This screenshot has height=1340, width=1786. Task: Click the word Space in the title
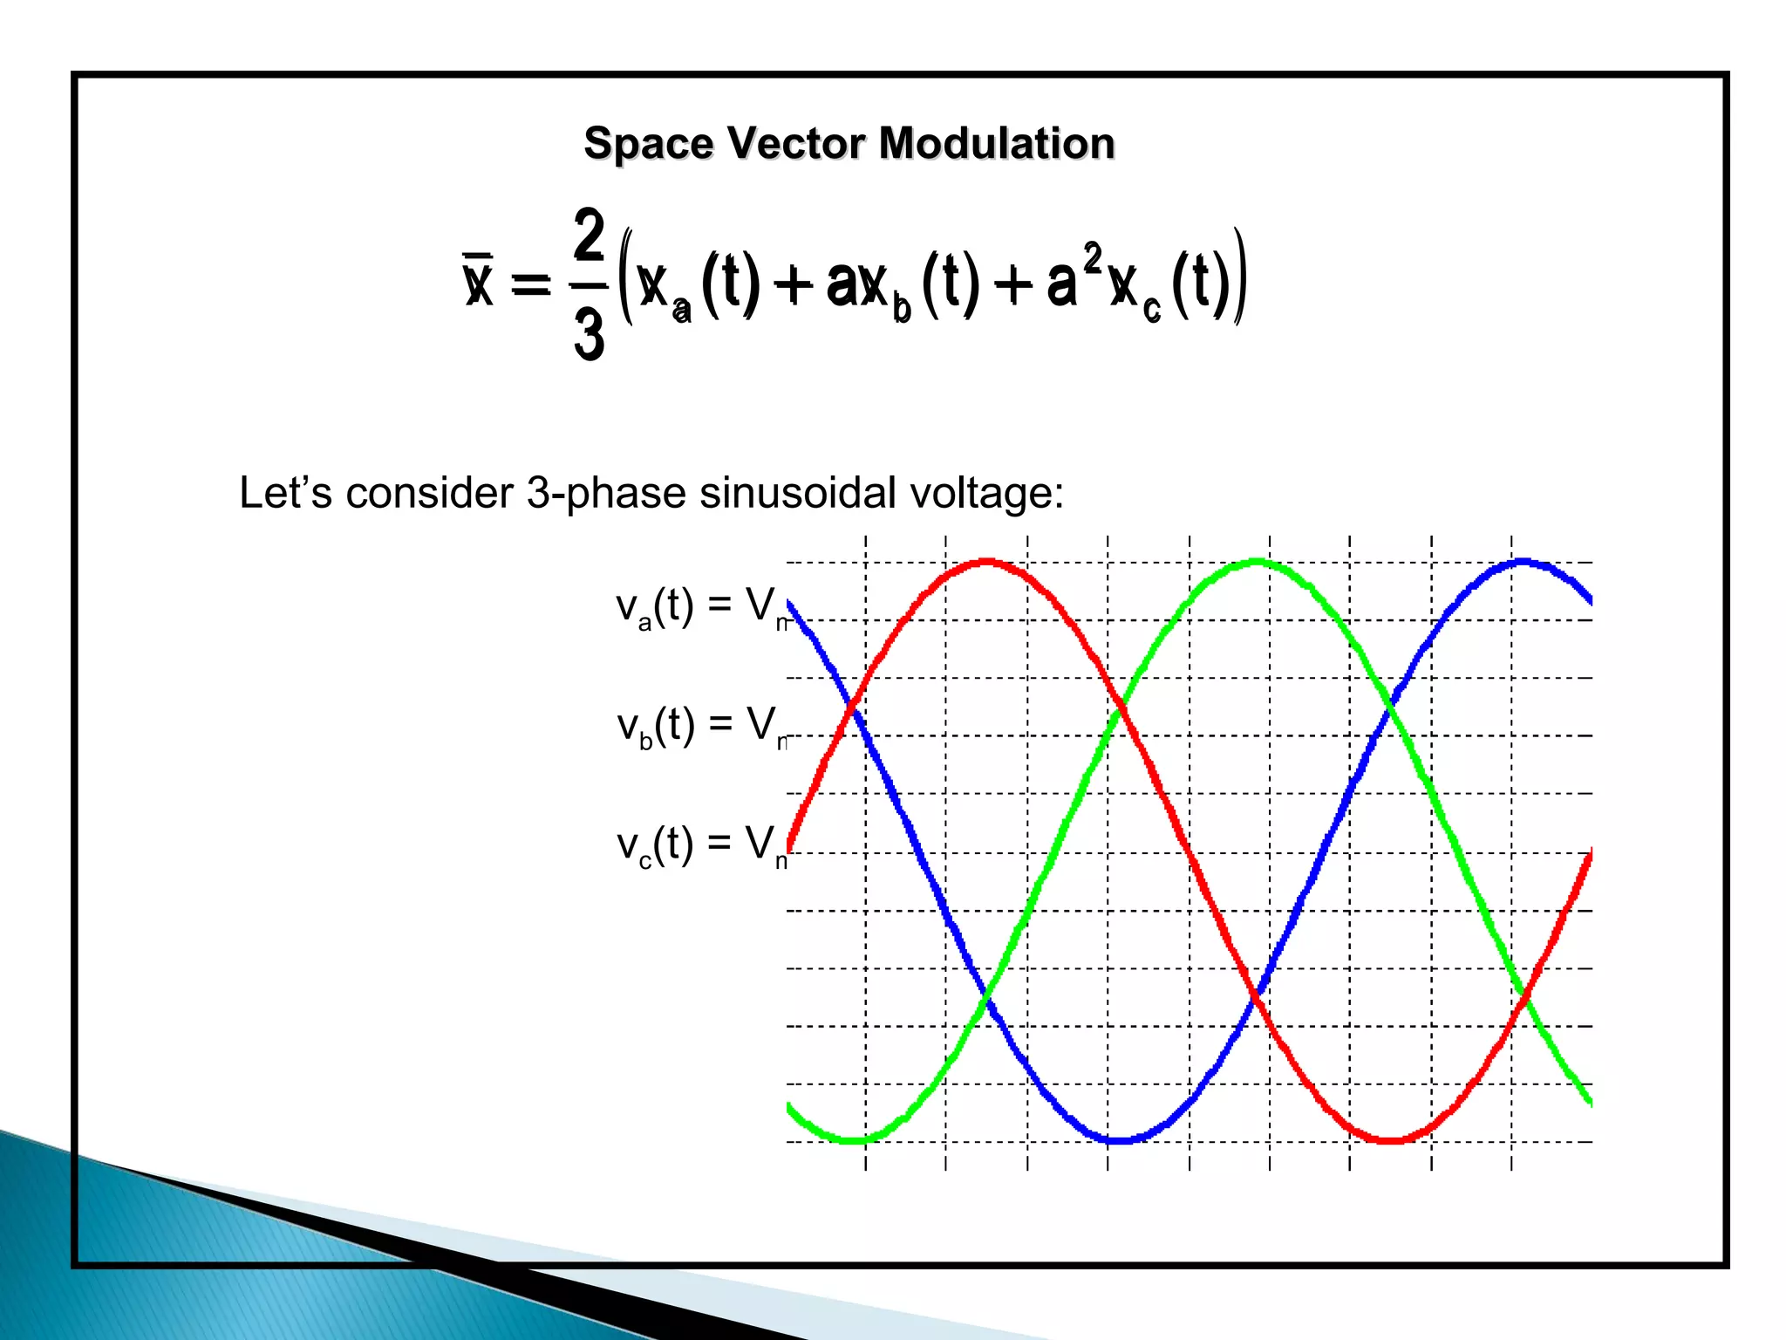tap(649, 144)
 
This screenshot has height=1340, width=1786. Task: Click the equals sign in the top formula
tap(530, 284)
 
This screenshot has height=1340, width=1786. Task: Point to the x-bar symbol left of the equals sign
tap(479, 281)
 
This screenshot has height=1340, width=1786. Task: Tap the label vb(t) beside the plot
tap(656, 726)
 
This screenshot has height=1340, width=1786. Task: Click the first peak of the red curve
tap(985, 562)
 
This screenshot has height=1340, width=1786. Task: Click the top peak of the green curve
tap(1256, 562)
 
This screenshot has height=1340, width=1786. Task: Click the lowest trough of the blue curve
tap(1118, 1139)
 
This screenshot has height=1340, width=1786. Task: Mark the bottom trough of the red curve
tap(1390, 1139)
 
